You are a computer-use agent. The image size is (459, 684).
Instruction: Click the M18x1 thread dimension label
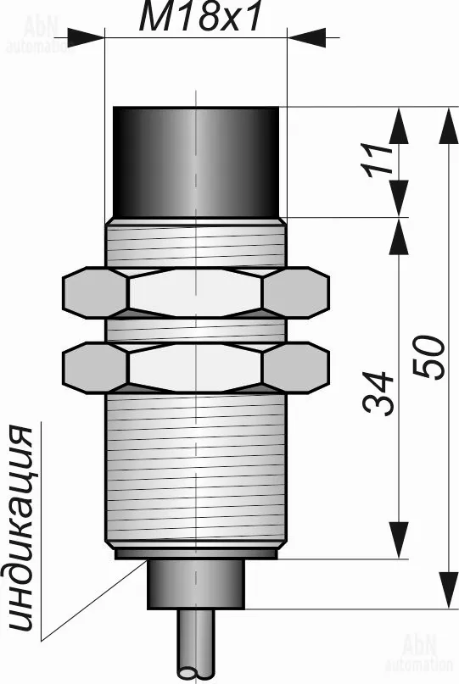199,18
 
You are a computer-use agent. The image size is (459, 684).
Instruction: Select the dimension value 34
378,392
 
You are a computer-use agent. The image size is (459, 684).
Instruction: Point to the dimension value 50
428,357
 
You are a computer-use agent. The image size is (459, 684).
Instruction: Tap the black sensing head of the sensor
196,162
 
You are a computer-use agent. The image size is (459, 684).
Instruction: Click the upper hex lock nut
196,292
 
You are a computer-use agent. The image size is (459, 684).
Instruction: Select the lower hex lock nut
196,368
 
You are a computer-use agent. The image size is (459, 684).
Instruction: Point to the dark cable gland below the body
196,584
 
